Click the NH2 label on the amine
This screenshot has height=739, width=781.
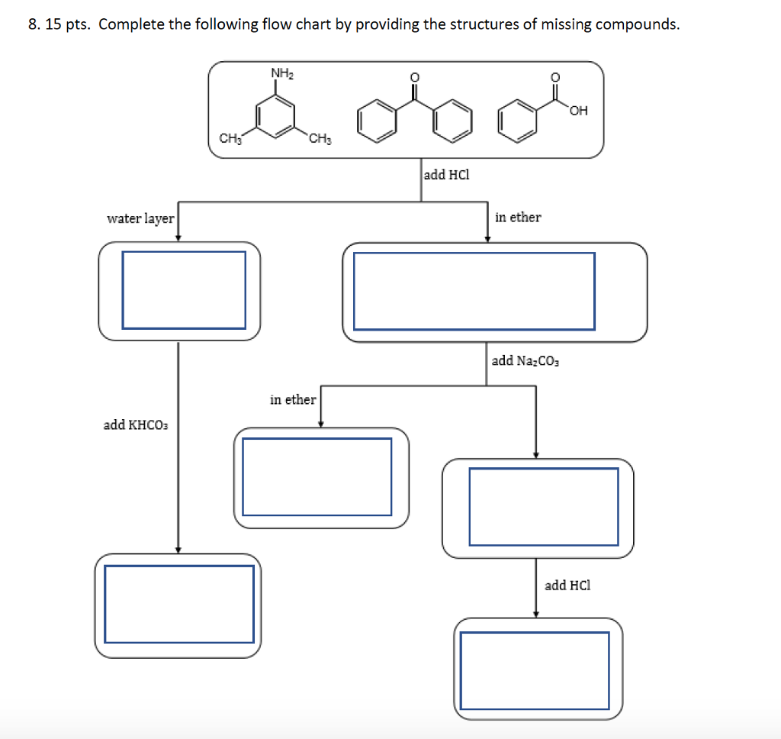281,73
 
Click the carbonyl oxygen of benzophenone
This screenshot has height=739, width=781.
414,76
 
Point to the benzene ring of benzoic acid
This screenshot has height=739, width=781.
516,124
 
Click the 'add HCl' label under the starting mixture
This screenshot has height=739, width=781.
446,175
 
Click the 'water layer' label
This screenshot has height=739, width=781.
140,219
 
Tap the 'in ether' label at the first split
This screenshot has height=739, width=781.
518,218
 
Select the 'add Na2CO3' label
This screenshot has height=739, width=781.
525,361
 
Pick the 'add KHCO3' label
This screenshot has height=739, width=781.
135,424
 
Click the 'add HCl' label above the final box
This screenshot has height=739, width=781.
567,586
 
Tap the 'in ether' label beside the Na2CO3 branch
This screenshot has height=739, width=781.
293,399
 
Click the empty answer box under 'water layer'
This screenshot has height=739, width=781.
184,290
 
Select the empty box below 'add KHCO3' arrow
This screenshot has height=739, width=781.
178,604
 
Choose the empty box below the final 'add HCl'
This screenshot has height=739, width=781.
538,670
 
